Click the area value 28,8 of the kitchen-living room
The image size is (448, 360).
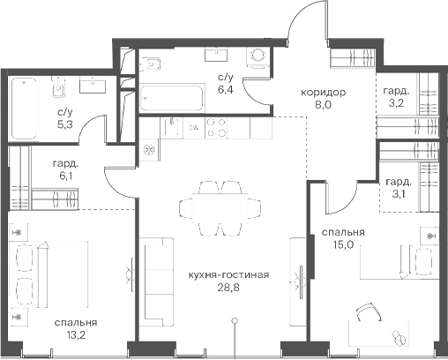[228, 288]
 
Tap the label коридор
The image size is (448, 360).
[323, 93]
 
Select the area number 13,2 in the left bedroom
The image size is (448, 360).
[76, 334]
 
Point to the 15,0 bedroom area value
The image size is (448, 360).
[343, 244]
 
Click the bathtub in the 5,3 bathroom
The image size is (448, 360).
[24, 108]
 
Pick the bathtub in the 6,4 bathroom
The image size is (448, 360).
[172, 98]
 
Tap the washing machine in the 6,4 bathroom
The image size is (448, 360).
[258, 57]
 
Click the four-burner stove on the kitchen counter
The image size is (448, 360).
[216, 128]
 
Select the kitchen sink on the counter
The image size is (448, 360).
[171, 128]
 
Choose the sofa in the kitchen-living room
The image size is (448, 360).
[156, 281]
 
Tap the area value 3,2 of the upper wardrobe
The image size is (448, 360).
[396, 103]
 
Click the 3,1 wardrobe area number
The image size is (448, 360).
[399, 194]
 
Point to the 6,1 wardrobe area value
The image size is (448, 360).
[65, 176]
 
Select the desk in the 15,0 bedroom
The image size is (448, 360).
[378, 334]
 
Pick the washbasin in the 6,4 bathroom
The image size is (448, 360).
[216, 55]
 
